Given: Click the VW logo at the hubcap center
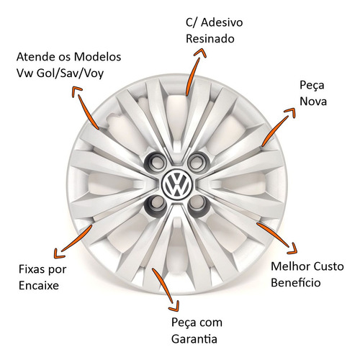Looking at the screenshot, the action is pos(177,184).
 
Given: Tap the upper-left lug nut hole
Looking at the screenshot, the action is pos(156,163).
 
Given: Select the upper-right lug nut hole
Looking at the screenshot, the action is pos(198,161).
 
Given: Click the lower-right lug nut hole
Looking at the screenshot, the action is pos(199,204).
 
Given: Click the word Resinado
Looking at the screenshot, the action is pos(210,39).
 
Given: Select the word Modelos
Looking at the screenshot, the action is pos(97,57).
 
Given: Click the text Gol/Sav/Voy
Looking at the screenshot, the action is pos(70,73).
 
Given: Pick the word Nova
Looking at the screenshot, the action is pos(313,101).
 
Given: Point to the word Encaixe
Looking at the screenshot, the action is pos(39,286).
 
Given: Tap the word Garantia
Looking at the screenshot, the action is pos(194,339).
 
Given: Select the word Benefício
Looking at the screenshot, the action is pos(296,282).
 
